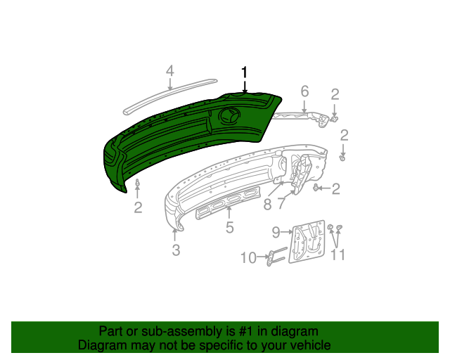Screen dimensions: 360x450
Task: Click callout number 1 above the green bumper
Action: click(x=245, y=72)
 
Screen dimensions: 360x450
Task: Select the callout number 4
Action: click(x=169, y=71)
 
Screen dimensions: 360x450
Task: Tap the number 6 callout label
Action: click(x=304, y=91)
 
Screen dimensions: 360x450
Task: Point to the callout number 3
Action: click(x=176, y=250)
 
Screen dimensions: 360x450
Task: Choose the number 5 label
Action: click(x=229, y=227)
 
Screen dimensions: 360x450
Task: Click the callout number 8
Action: click(x=267, y=205)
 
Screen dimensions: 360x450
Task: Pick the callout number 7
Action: click(x=282, y=205)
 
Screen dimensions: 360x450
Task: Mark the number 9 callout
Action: click(x=276, y=231)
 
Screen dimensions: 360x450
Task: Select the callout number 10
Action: click(x=249, y=258)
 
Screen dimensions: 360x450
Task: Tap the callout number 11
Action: click(x=338, y=255)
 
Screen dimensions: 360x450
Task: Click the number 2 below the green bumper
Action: click(x=138, y=207)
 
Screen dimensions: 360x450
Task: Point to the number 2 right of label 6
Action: click(x=335, y=94)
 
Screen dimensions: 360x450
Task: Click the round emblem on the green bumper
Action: click(x=231, y=117)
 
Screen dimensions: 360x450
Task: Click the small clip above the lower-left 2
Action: click(x=137, y=186)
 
